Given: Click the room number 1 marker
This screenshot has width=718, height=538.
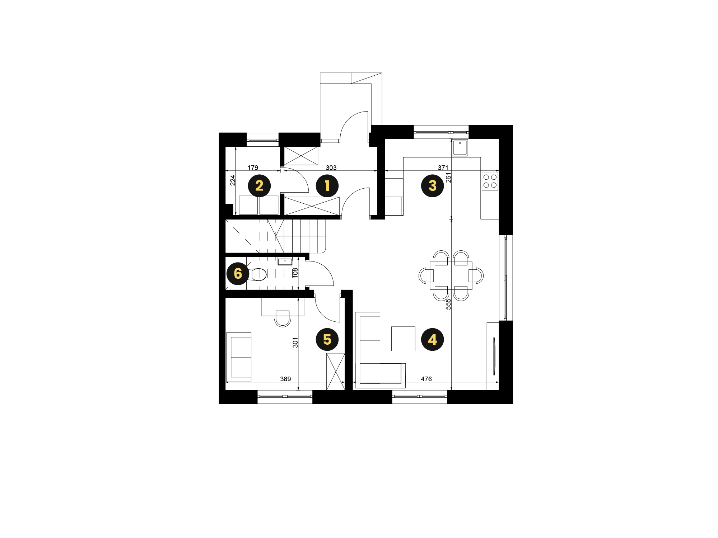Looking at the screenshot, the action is [x=327, y=186].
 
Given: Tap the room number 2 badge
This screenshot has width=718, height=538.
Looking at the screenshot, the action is [x=259, y=186].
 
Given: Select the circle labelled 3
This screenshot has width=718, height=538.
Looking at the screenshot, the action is [x=432, y=186].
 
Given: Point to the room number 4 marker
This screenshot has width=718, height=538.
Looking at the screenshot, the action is [x=432, y=339].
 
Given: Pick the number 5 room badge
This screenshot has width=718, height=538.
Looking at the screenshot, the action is [x=327, y=339].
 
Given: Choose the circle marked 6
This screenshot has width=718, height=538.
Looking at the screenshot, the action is [x=238, y=274].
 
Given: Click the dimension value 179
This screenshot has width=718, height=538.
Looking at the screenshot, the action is [x=253, y=167].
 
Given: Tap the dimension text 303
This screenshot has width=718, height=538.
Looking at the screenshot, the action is [x=331, y=167].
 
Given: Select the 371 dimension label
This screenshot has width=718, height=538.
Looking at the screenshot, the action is [x=443, y=167].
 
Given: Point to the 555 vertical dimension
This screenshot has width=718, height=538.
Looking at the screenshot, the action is [x=448, y=304].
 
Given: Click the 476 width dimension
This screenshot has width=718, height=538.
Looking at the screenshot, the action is [x=426, y=379].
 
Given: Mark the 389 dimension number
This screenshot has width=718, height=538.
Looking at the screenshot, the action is [x=285, y=379].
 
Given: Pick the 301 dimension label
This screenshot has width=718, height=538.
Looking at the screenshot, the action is [x=295, y=343].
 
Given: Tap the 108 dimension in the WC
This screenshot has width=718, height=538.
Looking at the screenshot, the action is [x=295, y=273].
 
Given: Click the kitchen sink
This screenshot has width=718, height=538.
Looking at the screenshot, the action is [x=460, y=148].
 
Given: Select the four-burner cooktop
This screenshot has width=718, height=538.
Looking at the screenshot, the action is [x=490, y=181].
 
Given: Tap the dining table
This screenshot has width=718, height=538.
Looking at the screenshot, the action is [x=451, y=275].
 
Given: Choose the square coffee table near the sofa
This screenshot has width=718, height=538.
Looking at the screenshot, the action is [x=403, y=339].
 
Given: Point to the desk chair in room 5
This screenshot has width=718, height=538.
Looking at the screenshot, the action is [x=283, y=318].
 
